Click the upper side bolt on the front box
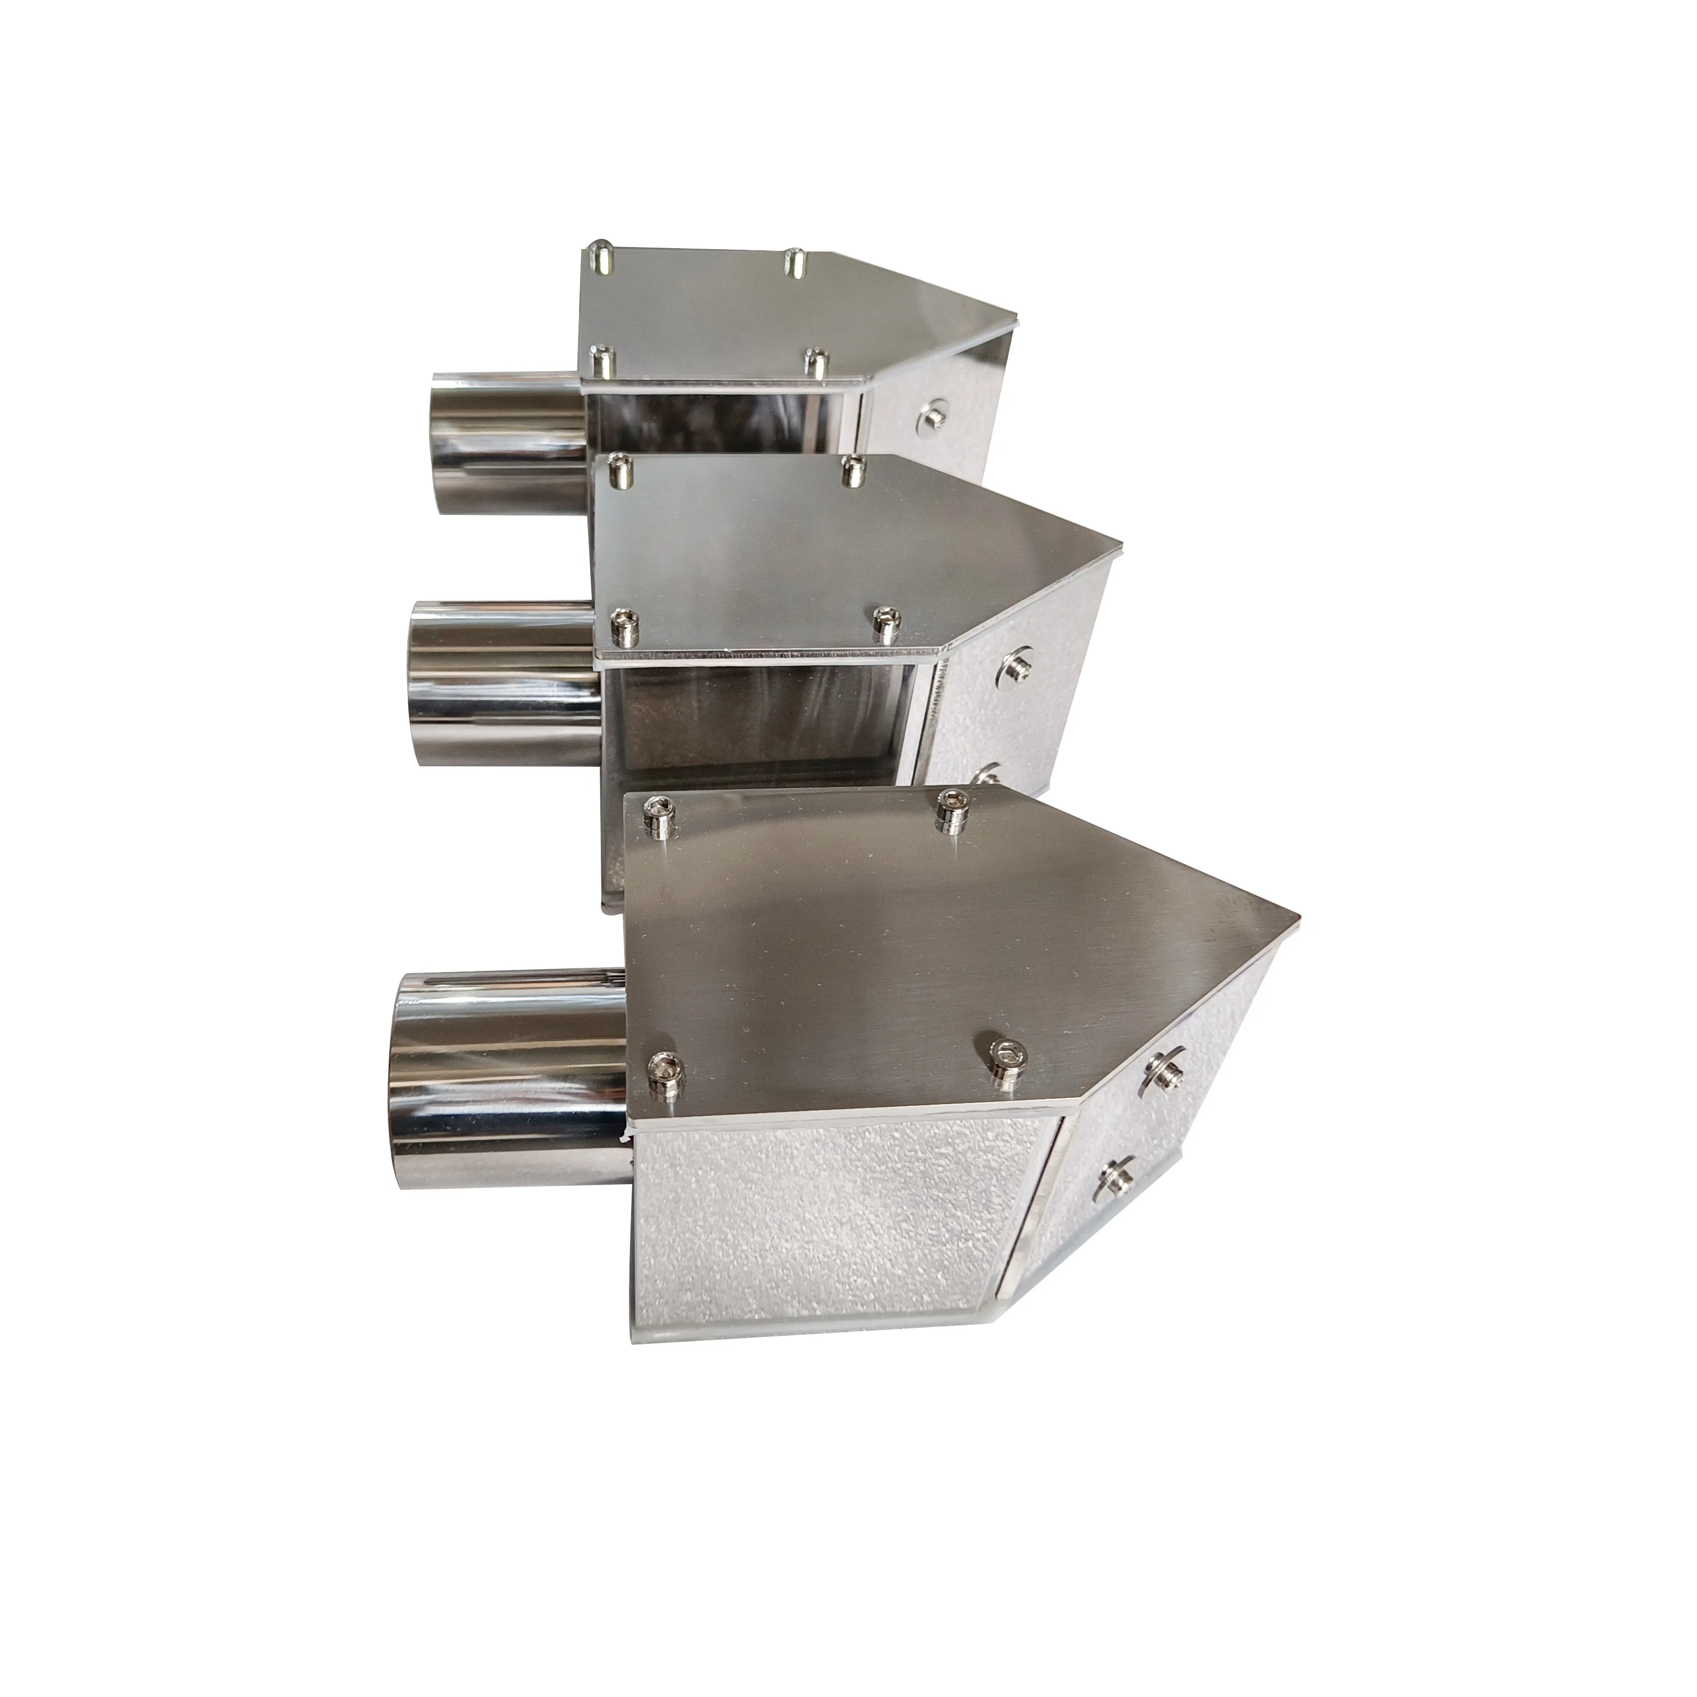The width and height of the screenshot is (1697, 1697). [1161, 1069]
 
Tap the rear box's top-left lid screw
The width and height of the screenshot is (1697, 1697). [600, 255]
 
